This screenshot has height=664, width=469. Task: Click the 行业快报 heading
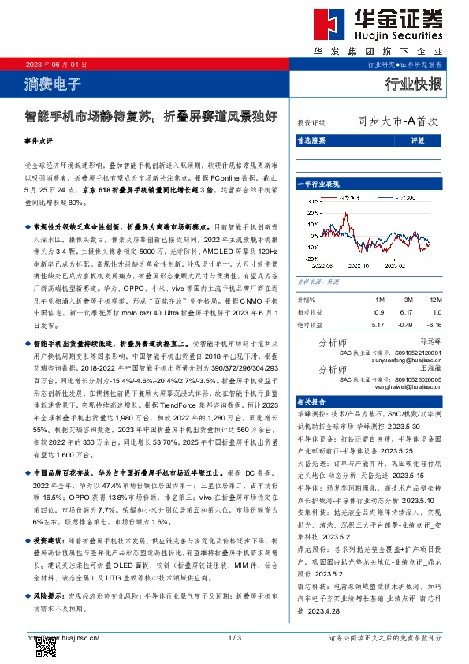pyautogui.click(x=414, y=84)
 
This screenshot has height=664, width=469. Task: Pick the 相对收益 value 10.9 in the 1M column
pyautogui.click(x=378, y=312)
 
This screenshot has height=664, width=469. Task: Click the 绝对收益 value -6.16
pyautogui.click(x=435, y=323)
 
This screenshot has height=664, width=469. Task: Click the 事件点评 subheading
pyautogui.click(x=38, y=141)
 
